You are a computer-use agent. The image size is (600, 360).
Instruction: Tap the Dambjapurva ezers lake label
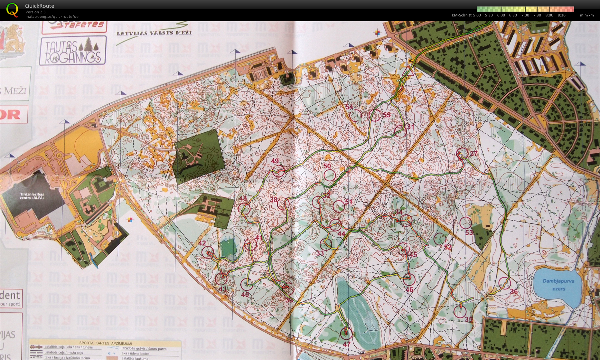click(x=558, y=285)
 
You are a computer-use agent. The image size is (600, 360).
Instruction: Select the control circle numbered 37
click(x=463, y=154)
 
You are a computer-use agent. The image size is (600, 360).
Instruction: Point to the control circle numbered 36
click(x=504, y=283)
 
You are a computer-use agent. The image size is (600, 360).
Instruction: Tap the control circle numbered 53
click(x=466, y=223)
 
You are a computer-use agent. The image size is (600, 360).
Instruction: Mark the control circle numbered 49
click(x=278, y=172)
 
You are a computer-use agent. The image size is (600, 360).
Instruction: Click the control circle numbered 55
click(x=375, y=115)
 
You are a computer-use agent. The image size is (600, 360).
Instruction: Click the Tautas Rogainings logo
click(x=73, y=50)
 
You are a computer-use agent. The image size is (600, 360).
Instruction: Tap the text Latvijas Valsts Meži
click(x=154, y=33)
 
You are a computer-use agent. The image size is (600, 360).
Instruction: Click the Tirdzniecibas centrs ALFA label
click(x=32, y=196)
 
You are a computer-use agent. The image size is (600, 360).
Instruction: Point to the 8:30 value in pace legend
click(x=561, y=15)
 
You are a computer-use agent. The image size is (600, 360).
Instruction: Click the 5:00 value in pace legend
click(x=477, y=15)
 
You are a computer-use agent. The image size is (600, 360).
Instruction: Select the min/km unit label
click(x=586, y=15)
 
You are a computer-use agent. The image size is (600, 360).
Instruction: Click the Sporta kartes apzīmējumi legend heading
click(x=106, y=343)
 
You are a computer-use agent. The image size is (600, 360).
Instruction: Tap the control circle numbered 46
click(x=409, y=279)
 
